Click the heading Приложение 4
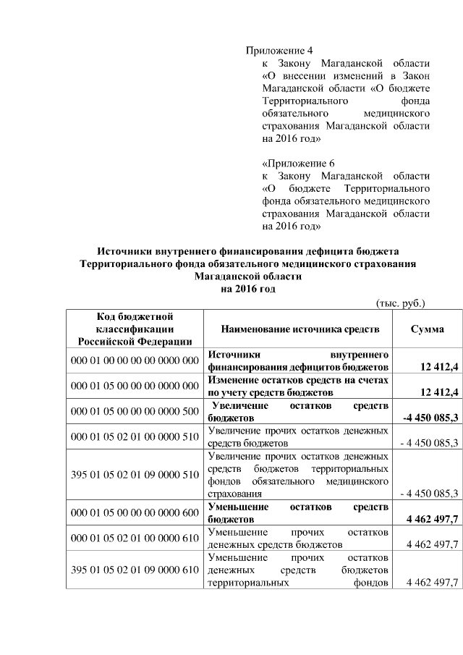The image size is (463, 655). click(279, 51)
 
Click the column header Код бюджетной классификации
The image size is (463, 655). click(135, 329)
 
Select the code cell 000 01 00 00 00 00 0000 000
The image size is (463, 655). click(135, 360)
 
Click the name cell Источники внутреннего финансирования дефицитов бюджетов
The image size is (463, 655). click(300, 360)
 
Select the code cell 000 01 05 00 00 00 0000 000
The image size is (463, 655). click(135, 386)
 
